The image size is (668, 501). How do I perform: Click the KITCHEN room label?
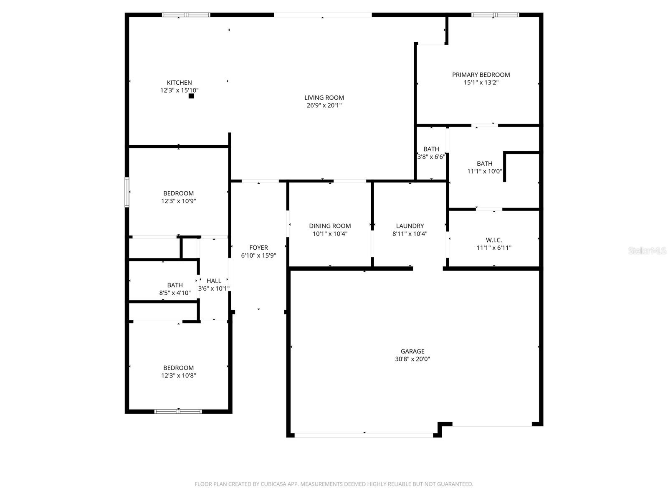click(179, 83)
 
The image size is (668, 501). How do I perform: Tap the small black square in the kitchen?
click(191, 96)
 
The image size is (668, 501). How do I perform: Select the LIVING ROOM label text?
click(324, 98)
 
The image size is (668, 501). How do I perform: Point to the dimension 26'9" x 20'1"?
click(324, 106)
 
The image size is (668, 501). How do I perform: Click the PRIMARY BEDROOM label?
click(481, 75)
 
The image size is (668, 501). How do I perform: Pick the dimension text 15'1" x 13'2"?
click(481, 83)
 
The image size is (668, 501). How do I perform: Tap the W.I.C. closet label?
click(494, 240)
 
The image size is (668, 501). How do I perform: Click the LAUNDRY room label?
click(410, 226)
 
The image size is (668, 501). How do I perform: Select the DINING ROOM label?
click(330, 226)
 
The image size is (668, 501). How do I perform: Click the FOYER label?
click(258, 248)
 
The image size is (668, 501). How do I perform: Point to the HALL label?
click(214, 281)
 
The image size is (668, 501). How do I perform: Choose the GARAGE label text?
click(412, 352)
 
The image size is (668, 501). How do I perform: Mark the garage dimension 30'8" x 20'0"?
click(412, 359)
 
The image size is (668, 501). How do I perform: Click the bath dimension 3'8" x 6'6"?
click(431, 157)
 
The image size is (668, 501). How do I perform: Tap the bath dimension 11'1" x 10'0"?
click(484, 171)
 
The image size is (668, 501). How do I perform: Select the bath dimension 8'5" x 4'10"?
click(175, 293)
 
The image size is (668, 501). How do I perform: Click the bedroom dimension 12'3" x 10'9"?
click(178, 201)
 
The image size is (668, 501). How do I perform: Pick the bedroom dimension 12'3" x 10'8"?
click(178, 376)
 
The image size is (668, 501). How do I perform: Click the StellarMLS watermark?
click(647, 251)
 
